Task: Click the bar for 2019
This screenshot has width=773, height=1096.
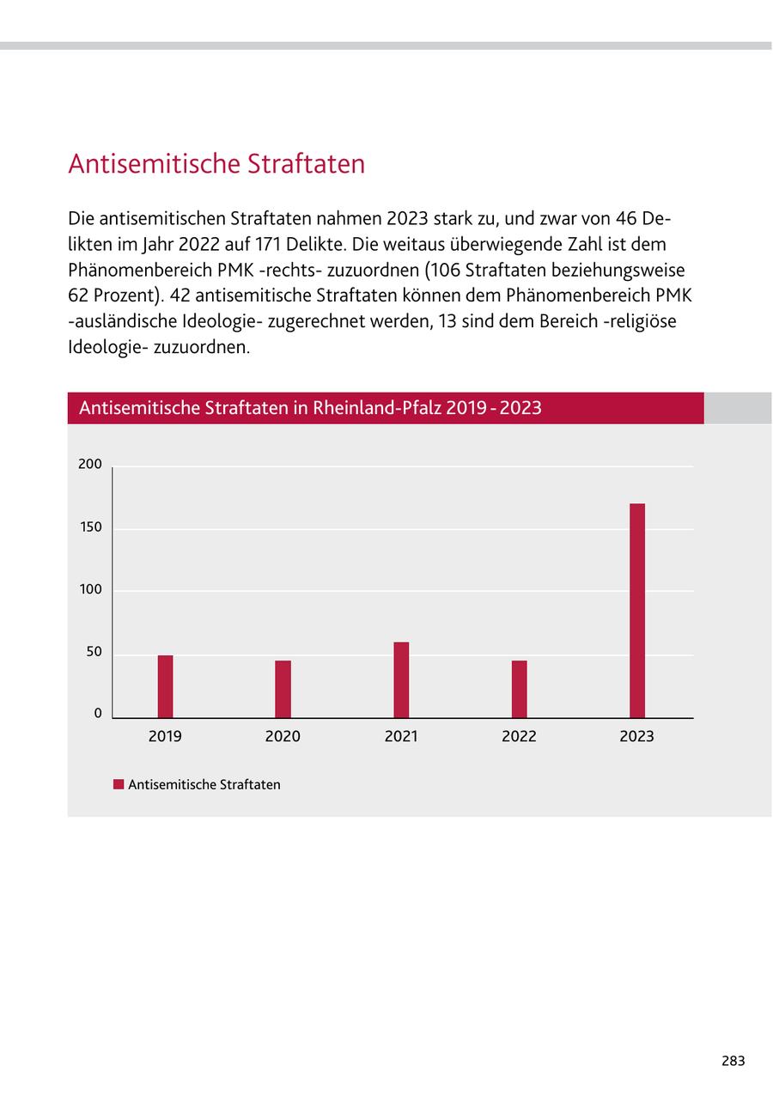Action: [165, 686]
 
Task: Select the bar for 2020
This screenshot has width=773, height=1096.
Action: [283, 689]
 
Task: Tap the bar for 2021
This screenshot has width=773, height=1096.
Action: [401, 679]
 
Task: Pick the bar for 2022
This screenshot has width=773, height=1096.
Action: [519, 689]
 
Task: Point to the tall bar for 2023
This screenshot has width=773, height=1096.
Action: [636, 610]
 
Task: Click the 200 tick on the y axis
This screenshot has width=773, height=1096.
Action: [90, 465]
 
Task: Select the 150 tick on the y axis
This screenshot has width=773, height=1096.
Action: [90, 527]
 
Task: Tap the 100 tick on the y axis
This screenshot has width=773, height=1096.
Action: [90, 590]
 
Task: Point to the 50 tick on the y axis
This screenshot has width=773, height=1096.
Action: [93, 652]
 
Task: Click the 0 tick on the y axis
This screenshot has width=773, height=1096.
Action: [98, 714]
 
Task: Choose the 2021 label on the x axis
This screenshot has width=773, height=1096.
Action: [401, 736]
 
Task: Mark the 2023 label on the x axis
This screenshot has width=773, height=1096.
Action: [636, 736]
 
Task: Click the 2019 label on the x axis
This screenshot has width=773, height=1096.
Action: [165, 736]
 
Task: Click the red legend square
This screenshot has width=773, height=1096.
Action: [119, 784]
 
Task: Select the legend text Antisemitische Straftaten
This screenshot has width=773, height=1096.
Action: [204, 785]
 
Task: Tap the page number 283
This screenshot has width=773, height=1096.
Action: [733, 1061]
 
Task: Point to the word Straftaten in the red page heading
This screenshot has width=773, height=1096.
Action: [306, 164]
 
